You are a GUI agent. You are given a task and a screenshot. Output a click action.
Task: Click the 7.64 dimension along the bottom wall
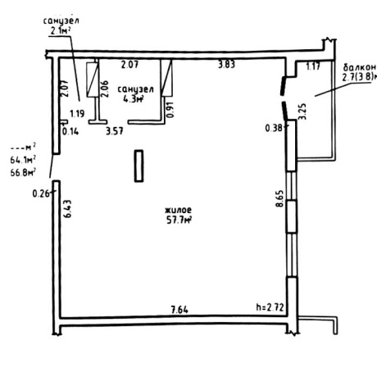(x=179, y=310)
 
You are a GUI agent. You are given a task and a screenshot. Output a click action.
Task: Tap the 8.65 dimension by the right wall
(x=280, y=198)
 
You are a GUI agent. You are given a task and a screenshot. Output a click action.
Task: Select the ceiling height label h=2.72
(x=270, y=307)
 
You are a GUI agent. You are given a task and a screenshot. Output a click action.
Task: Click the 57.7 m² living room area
(x=179, y=220)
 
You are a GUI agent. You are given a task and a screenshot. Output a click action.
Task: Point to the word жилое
(x=178, y=210)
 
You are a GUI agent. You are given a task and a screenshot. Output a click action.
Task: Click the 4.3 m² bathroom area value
(x=134, y=98)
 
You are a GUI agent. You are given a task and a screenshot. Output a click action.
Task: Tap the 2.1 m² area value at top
(x=61, y=31)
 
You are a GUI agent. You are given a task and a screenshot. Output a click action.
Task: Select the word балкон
(x=360, y=67)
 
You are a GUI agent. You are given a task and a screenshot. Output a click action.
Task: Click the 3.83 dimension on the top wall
(x=227, y=65)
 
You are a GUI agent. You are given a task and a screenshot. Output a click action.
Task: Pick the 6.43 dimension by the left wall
(x=67, y=209)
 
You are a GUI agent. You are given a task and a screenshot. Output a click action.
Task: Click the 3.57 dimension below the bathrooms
(x=115, y=131)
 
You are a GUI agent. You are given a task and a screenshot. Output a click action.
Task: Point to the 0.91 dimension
(x=170, y=110)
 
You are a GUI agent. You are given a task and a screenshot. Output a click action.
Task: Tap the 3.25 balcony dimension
(x=302, y=111)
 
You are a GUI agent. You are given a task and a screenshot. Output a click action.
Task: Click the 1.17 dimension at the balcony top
(x=313, y=66)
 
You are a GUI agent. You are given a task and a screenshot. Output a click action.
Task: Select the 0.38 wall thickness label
(x=274, y=128)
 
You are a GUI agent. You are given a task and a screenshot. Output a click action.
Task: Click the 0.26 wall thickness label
(x=41, y=193)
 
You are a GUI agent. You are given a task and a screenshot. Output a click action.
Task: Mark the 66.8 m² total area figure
(x=24, y=172)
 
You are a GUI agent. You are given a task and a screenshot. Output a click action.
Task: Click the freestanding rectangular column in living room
(x=139, y=166)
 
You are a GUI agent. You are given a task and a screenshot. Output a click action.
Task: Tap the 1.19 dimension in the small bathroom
(x=77, y=113)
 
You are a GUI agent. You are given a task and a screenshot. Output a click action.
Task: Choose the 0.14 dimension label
(x=70, y=131)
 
